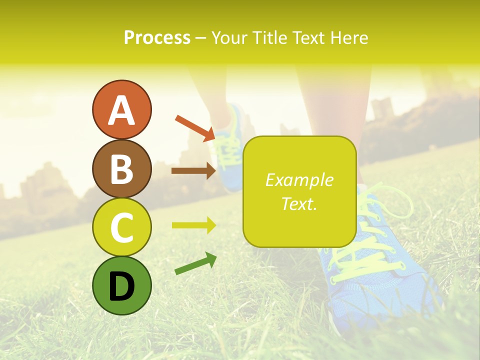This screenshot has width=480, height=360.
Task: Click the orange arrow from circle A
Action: tap(195, 127)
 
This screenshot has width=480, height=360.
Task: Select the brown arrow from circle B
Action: tap(193, 171)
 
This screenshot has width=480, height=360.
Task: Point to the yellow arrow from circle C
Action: tap(193, 225)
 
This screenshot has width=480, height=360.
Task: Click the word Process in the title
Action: tap(157, 38)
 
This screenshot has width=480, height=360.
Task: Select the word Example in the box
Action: tap(299, 180)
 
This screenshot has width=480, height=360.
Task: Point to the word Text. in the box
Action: tap(299, 203)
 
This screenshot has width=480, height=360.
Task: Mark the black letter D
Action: tap(121, 286)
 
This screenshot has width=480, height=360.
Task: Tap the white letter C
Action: tap(121, 228)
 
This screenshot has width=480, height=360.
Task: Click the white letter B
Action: tap(121, 169)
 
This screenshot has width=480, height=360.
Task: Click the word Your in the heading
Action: tap(229, 38)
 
